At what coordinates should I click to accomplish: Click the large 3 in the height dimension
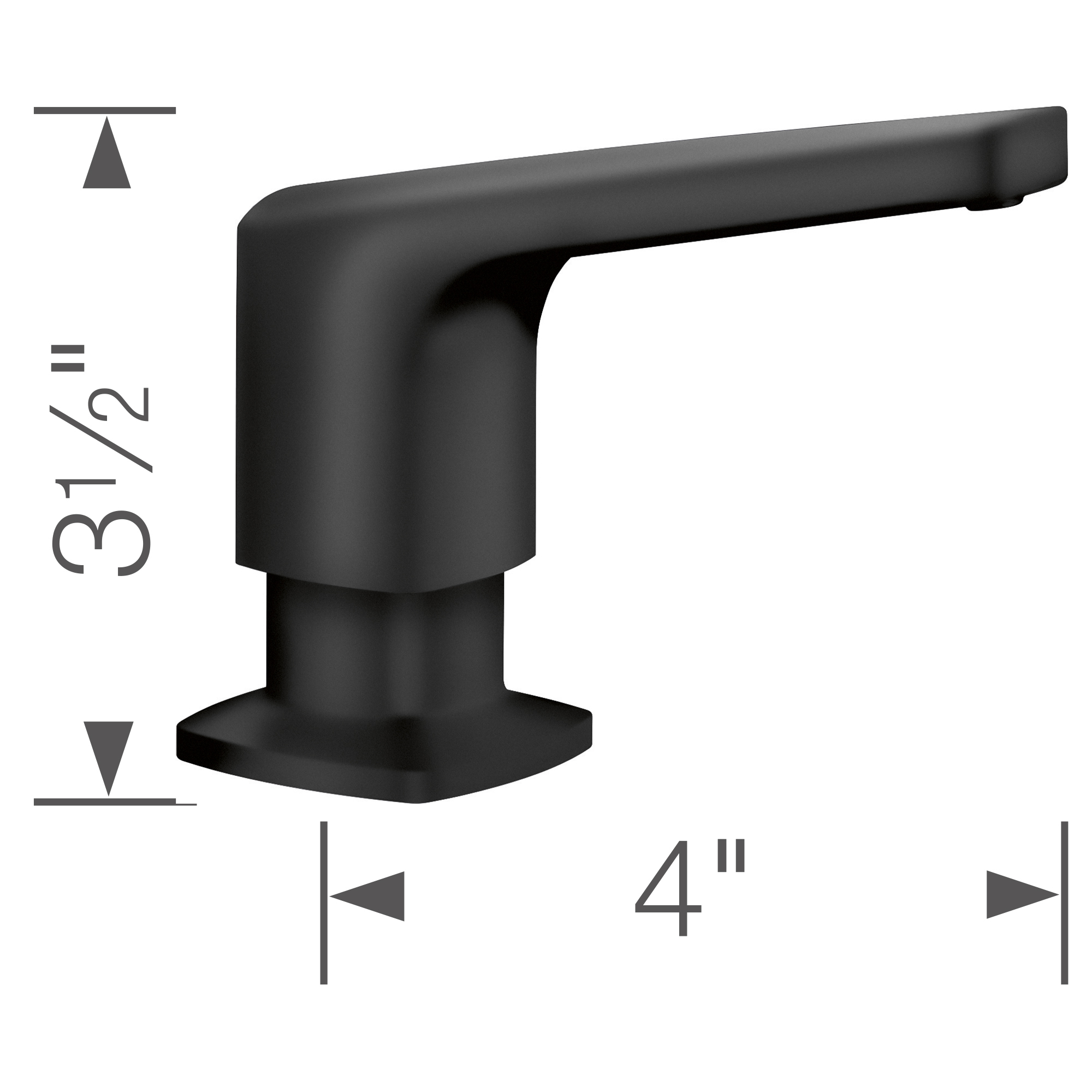[102, 543]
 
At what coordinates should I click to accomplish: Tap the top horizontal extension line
[105, 111]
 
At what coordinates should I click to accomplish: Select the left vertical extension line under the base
[324, 910]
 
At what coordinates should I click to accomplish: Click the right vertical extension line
[1064, 910]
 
